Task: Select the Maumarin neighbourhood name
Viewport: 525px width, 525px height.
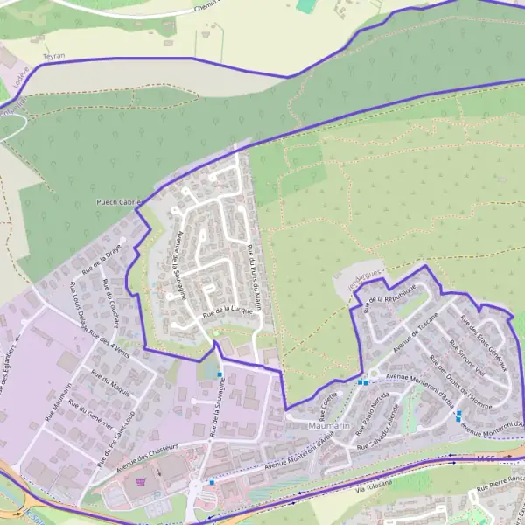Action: tap(330, 426)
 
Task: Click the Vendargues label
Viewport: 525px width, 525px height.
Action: tap(366, 280)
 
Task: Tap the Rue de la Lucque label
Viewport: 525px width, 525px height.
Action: tap(227, 310)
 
